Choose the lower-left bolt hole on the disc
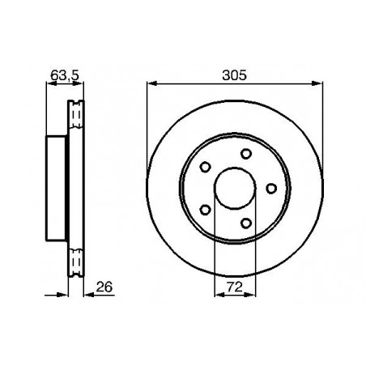206,211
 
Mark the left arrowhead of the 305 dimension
151,83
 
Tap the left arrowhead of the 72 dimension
217,294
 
